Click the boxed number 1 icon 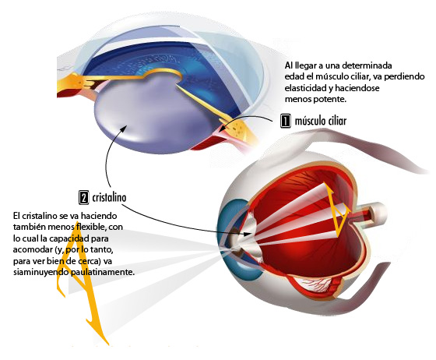[286, 121]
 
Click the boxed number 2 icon [84, 197]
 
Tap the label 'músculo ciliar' [321, 121]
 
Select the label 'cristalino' [109, 197]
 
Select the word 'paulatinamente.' [103, 272]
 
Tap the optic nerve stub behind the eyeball [370, 214]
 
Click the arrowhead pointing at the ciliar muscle [222, 129]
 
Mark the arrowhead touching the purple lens [124, 129]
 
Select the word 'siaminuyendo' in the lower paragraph [40, 272]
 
